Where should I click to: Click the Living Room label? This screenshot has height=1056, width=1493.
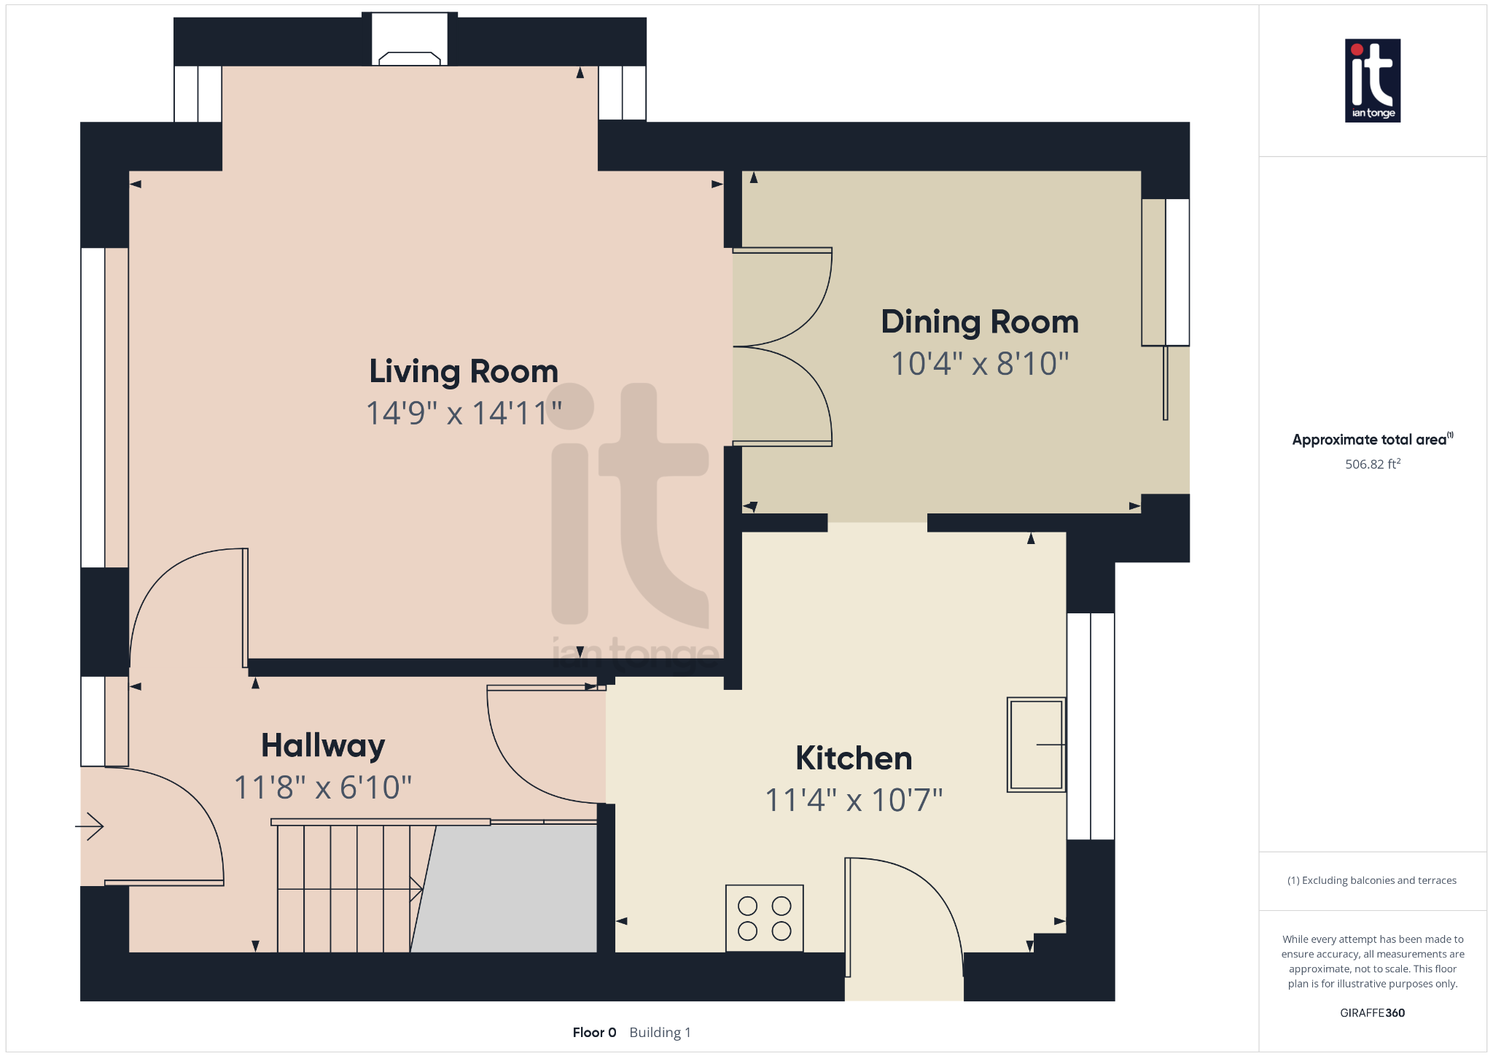pyautogui.click(x=464, y=371)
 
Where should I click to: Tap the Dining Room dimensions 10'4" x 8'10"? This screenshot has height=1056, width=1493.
pyautogui.click(x=979, y=363)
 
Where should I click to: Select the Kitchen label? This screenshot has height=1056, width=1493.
pyautogui.click(x=854, y=758)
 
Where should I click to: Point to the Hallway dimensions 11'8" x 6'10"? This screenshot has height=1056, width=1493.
pyautogui.click(x=323, y=788)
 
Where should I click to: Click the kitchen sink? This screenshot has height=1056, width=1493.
pyautogui.click(x=1036, y=745)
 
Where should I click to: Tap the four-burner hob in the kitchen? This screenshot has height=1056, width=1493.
pyautogui.click(x=764, y=918)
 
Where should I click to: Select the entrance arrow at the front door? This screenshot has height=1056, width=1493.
pyautogui.click(x=90, y=826)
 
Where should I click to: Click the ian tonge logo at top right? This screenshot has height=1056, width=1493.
pyautogui.click(x=1372, y=80)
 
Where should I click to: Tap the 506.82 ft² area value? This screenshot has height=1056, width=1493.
pyautogui.click(x=1372, y=464)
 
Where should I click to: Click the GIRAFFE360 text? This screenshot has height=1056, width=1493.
pyautogui.click(x=1372, y=1012)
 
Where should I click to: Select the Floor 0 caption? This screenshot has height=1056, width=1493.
pyautogui.click(x=594, y=1032)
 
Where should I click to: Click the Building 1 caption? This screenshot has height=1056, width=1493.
pyautogui.click(x=660, y=1032)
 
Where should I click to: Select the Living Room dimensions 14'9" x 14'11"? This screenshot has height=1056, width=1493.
pyautogui.click(x=464, y=414)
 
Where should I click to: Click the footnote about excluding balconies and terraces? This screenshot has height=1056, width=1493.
pyautogui.click(x=1372, y=880)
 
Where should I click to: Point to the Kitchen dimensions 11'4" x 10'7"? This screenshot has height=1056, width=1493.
pyautogui.click(x=854, y=800)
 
